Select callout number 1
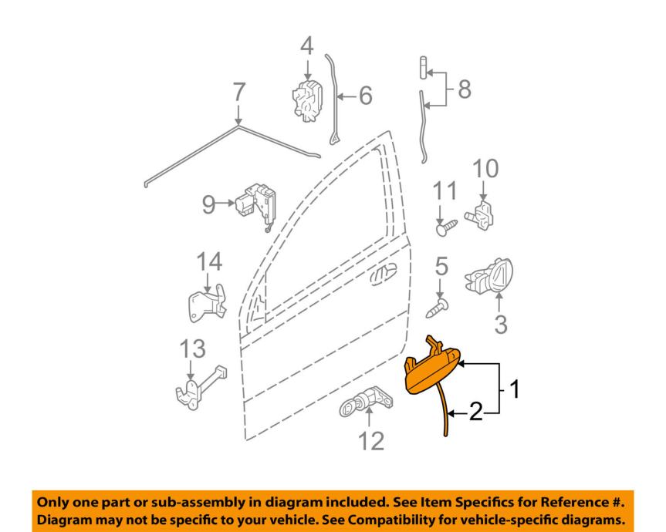[x=515, y=389]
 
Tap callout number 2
[x=476, y=412]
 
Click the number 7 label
[x=238, y=93]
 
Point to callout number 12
[x=372, y=441]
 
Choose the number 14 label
[x=209, y=261]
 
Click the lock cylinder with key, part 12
[x=366, y=402]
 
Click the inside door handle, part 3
[x=490, y=276]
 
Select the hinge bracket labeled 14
[x=207, y=303]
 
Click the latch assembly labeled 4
[x=307, y=100]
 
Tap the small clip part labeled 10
[x=480, y=214]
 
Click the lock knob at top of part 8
[x=424, y=67]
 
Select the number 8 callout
[x=465, y=89]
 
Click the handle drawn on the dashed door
[x=383, y=274]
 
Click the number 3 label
[x=501, y=325]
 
